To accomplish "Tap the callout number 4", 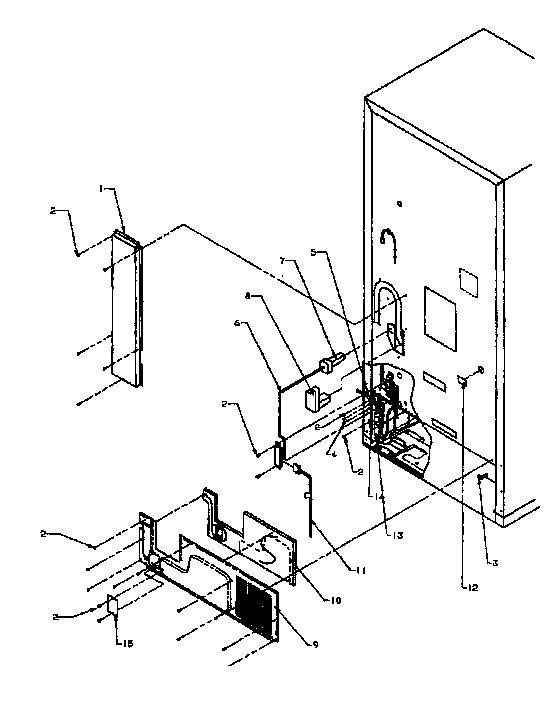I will coord(333,454).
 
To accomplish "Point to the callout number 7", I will coord(282,261).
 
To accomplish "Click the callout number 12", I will coord(473,588).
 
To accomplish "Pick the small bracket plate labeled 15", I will coord(112,607).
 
